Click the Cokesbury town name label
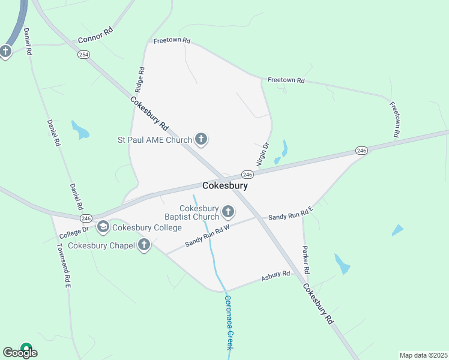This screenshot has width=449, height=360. (x=225, y=186)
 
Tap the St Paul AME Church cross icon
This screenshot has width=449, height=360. (x=201, y=140)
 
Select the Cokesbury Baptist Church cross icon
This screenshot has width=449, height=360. (x=228, y=211)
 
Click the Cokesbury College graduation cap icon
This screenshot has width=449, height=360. (x=103, y=227)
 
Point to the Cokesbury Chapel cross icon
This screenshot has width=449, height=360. (x=143, y=245)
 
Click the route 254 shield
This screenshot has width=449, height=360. (x=83, y=54)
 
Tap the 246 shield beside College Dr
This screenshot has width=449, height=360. (x=86, y=218)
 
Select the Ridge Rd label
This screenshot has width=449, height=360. (x=139, y=79)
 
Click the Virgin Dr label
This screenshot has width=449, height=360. (x=262, y=154)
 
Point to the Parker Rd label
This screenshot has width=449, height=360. (x=306, y=256)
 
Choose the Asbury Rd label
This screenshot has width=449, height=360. (x=276, y=277)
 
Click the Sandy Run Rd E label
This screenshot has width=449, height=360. (x=291, y=214)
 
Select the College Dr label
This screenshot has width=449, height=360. (x=74, y=230)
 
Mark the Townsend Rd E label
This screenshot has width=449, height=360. (x=64, y=264)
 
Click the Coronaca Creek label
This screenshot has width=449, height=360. (x=228, y=322)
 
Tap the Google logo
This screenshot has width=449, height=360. (x=20, y=353)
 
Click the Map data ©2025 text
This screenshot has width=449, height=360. (x=423, y=355)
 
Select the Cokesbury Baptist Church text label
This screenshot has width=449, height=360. (x=191, y=212)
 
